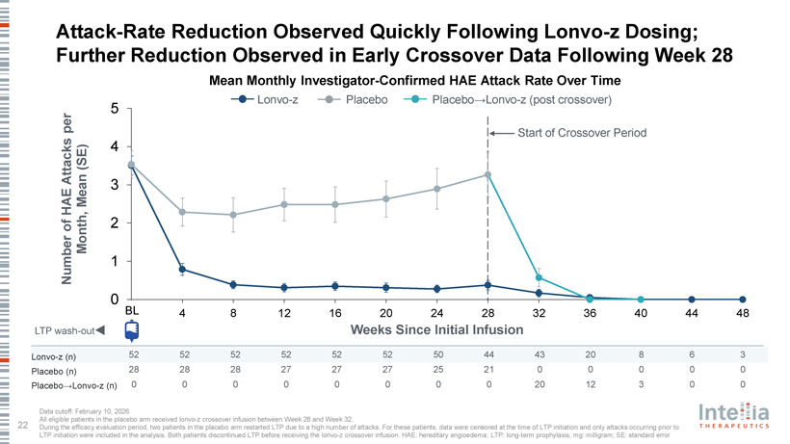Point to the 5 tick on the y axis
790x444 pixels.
pyautogui.click(x=115, y=108)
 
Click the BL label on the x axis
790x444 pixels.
pyautogui.click(x=131, y=310)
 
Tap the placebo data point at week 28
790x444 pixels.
pyautogui.click(x=488, y=174)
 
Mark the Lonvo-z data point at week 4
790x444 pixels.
pyautogui.click(x=182, y=270)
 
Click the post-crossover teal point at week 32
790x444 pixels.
pyautogui.click(x=540, y=277)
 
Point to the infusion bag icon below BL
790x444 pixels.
pyautogui.click(x=131, y=330)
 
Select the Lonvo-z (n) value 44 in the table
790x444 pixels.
pyautogui.click(x=488, y=354)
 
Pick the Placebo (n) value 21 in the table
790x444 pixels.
pyautogui.click(x=488, y=370)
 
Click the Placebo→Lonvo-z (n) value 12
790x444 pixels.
pyautogui.click(x=590, y=384)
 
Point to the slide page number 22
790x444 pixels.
pyautogui.click(x=21, y=422)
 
